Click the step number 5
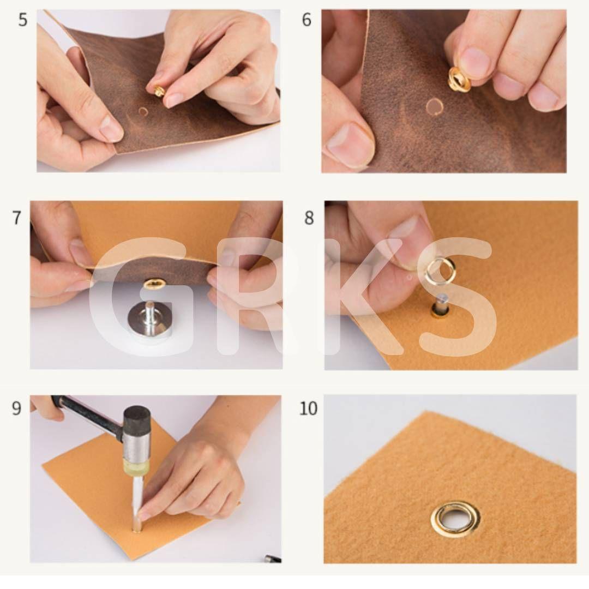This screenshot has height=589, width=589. point(23,20)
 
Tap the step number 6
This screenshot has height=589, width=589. point(306,20)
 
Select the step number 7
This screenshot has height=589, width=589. point(17,218)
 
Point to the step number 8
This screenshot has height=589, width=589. point(309,218)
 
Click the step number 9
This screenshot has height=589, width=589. point(16,408)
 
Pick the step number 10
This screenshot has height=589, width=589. point(308,408)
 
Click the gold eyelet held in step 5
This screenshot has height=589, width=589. point(159,91)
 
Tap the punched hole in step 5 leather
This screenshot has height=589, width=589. point(143,112)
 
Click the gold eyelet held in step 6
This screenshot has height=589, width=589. point(459,79)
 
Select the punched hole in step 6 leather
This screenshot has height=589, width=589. point(434,106)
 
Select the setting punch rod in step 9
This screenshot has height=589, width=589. point(137,504)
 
